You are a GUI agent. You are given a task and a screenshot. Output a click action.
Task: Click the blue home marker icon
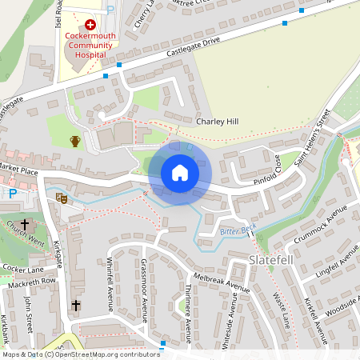click(179, 172)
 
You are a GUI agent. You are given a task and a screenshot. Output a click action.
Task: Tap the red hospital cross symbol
click(90, 26)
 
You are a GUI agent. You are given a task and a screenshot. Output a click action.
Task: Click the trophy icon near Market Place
click(75, 141)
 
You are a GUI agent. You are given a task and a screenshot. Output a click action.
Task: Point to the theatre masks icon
click(62, 197)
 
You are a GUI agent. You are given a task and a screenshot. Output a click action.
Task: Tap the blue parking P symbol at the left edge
click(13, 193)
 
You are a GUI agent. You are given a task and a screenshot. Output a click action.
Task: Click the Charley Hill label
click(217, 122)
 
